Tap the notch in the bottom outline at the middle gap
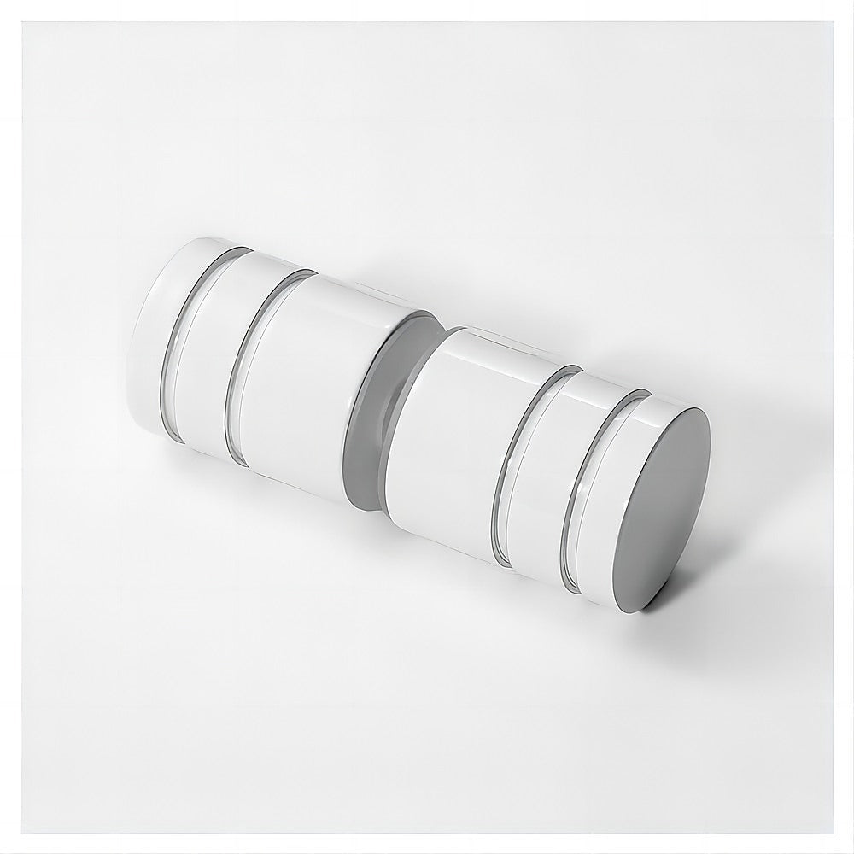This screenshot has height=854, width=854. (363, 506)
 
